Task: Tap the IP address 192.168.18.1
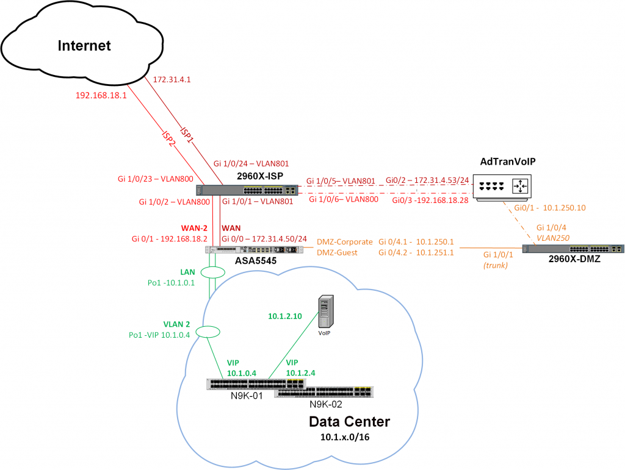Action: (101, 95)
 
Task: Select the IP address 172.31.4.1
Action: (173, 79)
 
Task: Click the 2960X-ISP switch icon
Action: (247, 190)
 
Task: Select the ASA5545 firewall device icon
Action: (254, 249)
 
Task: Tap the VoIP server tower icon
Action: (327, 311)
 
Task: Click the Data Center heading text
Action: (349, 421)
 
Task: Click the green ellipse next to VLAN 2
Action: (208, 332)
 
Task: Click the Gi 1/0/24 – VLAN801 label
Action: (250, 163)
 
